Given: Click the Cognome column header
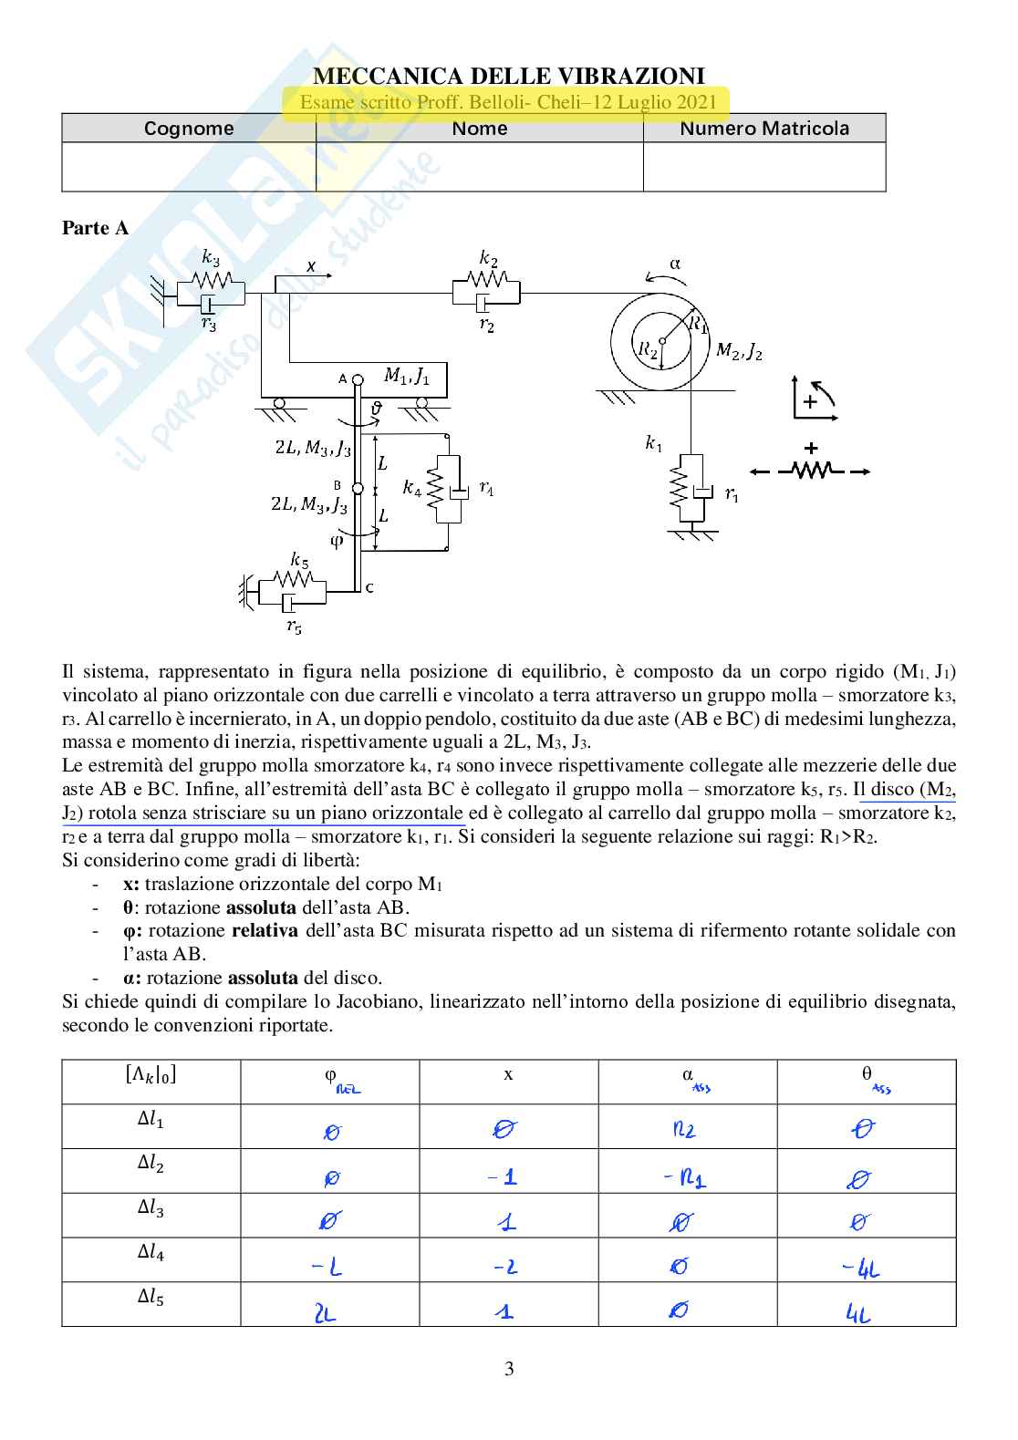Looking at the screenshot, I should pyautogui.click(x=189, y=129).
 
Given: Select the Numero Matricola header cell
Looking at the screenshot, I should pyautogui.click(x=764, y=129).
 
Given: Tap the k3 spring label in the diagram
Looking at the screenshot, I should pyautogui.click(x=211, y=258).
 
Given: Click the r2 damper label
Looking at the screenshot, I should pyautogui.click(x=486, y=325).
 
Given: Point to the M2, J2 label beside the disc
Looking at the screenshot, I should pyautogui.click(x=739, y=351).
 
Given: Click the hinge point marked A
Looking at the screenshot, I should pyautogui.click(x=358, y=379).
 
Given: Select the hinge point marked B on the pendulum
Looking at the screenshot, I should pyautogui.click(x=358, y=489).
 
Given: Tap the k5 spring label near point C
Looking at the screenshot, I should pyautogui.click(x=299, y=559).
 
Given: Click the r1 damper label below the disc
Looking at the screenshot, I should pyautogui.click(x=732, y=494).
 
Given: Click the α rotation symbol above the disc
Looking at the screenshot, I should pyautogui.click(x=675, y=264).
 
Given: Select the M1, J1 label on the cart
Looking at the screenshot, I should pyautogui.click(x=407, y=376).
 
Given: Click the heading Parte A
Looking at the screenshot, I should pyautogui.click(x=95, y=228).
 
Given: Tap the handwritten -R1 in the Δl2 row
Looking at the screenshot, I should pyautogui.click(x=685, y=1178).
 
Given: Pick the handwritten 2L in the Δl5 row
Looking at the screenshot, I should pyautogui.click(x=325, y=1313).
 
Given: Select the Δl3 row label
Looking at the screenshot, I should pyautogui.click(x=151, y=1208).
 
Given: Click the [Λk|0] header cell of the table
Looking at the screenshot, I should pyautogui.click(x=151, y=1074).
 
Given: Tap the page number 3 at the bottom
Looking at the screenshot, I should pyautogui.click(x=509, y=1368).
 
